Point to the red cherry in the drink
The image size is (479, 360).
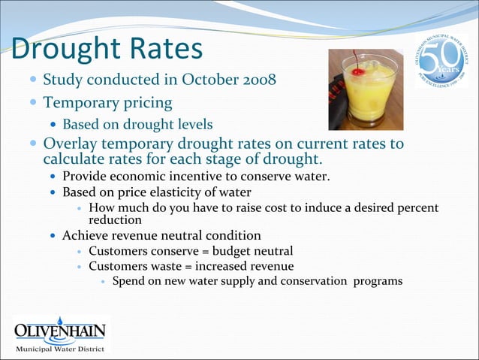pyautogui.click(x=360, y=72)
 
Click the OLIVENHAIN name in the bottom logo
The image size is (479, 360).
pyautogui.click(x=60, y=331)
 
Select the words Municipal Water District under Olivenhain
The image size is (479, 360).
pyautogui.click(x=60, y=349)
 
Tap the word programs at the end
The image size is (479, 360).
pyautogui.click(x=377, y=281)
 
